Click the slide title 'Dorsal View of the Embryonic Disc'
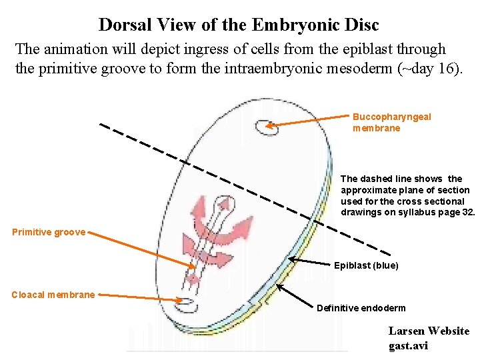click(x=239, y=25)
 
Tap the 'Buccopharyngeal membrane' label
click(x=391, y=122)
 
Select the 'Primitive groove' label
click(x=49, y=232)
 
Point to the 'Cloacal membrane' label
click(x=53, y=295)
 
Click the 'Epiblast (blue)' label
click(x=366, y=265)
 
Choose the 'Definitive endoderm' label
click(x=361, y=308)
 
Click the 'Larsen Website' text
click(x=429, y=331)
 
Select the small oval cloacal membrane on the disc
click(x=189, y=306)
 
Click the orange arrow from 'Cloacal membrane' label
click(x=140, y=297)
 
